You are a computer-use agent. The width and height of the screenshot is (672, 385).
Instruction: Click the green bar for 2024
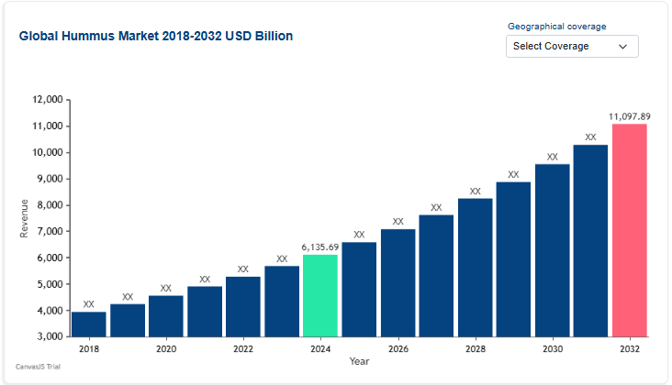click(x=320, y=295)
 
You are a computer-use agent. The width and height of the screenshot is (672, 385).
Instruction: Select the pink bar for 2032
click(x=629, y=230)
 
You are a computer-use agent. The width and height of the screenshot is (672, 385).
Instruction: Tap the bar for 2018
click(x=89, y=324)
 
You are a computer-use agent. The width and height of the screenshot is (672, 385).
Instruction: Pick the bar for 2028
click(x=475, y=267)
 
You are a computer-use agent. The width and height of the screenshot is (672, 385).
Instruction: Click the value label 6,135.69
click(x=320, y=247)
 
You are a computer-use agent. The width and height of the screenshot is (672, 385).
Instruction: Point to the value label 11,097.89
click(x=629, y=116)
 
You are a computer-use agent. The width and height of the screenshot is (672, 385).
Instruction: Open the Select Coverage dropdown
click(x=572, y=46)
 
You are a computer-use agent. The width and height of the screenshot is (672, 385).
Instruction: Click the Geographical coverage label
click(x=557, y=27)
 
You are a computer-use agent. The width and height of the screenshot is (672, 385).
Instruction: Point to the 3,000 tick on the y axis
click(x=49, y=337)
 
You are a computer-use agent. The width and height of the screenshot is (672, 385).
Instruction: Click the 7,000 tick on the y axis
click(x=49, y=232)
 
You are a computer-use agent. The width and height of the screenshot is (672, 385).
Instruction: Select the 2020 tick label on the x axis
click(x=166, y=349)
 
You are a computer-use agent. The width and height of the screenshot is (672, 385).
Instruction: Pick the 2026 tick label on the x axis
click(x=398, y=349)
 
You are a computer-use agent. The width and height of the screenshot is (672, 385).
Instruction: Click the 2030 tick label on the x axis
click(x=552, y=349)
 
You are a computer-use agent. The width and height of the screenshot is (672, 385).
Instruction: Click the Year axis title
click(x=359, y=361)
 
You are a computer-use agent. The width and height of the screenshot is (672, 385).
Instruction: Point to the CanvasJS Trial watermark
click(x=38, y=367)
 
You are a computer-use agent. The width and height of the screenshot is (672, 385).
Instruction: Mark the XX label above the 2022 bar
click(x=243, y=269)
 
